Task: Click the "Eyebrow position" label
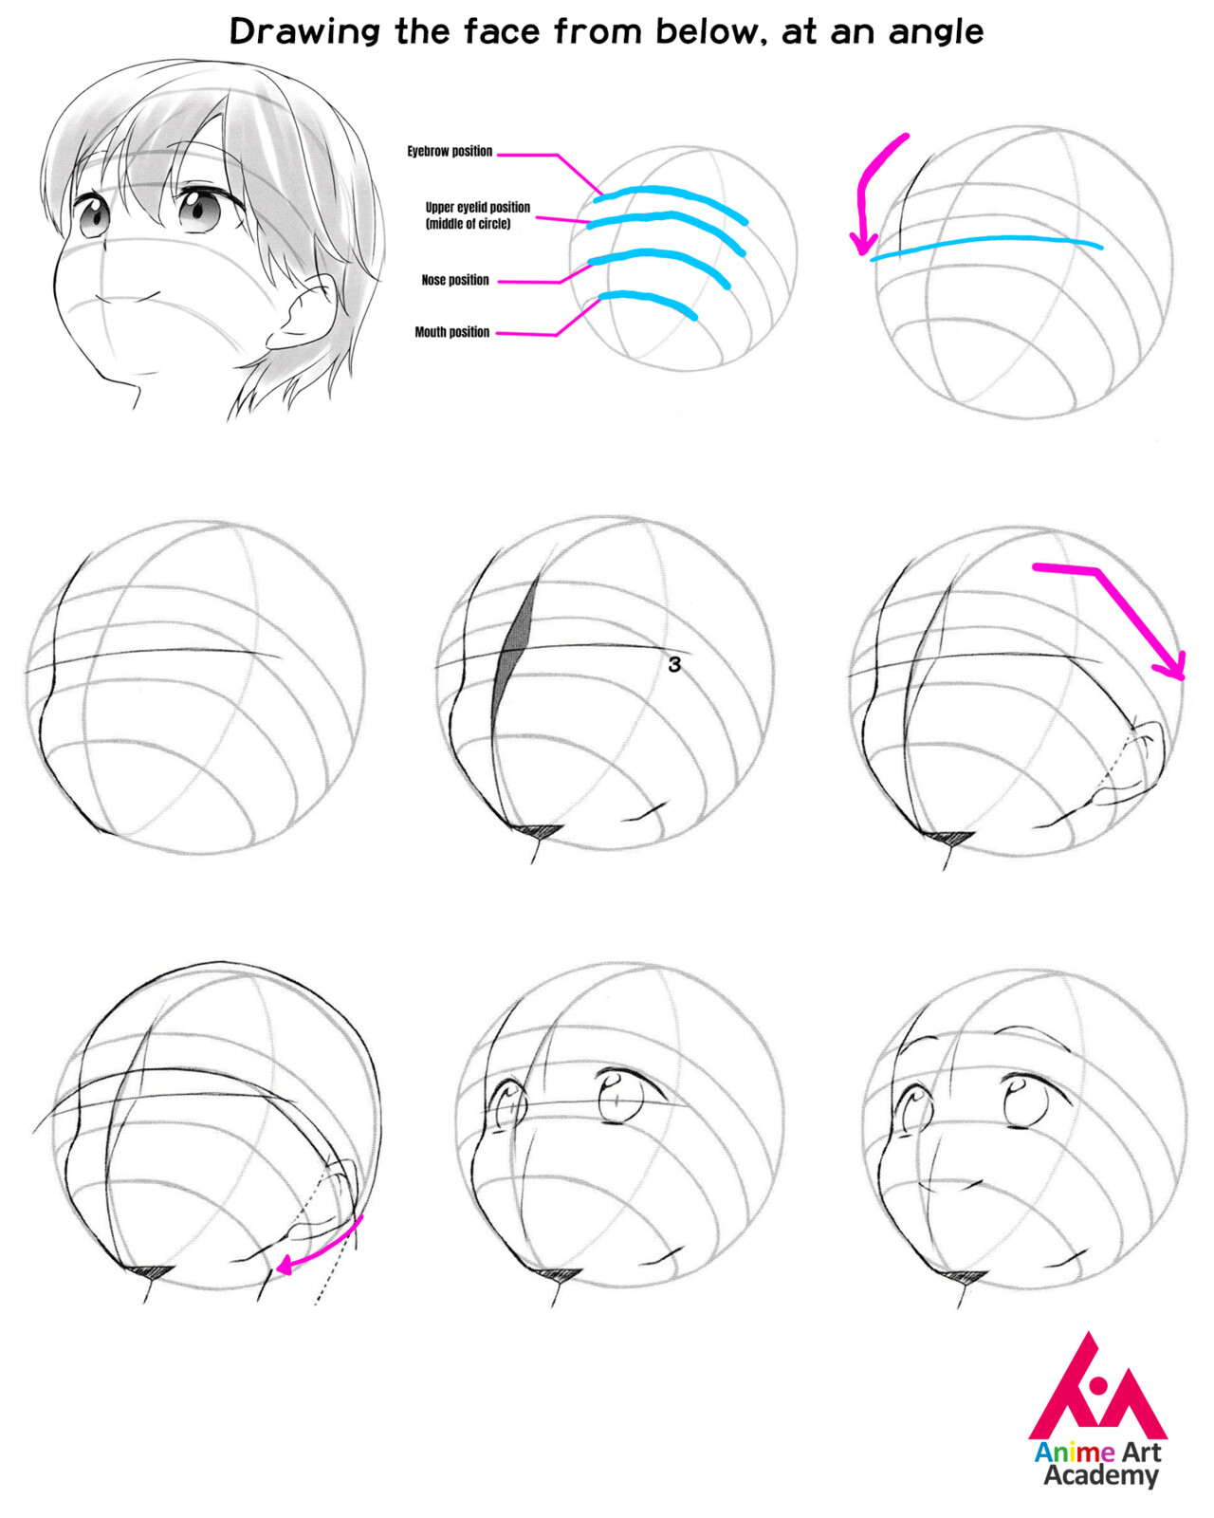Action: coord(450,152)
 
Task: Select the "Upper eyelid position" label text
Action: coord(477,208)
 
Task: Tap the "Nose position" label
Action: coord(455,281)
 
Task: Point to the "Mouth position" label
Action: coord(451,333)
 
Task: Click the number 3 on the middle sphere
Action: coord(674,665)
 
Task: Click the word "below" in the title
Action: coord(708,32)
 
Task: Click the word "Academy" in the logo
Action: coord(1100,1476)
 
